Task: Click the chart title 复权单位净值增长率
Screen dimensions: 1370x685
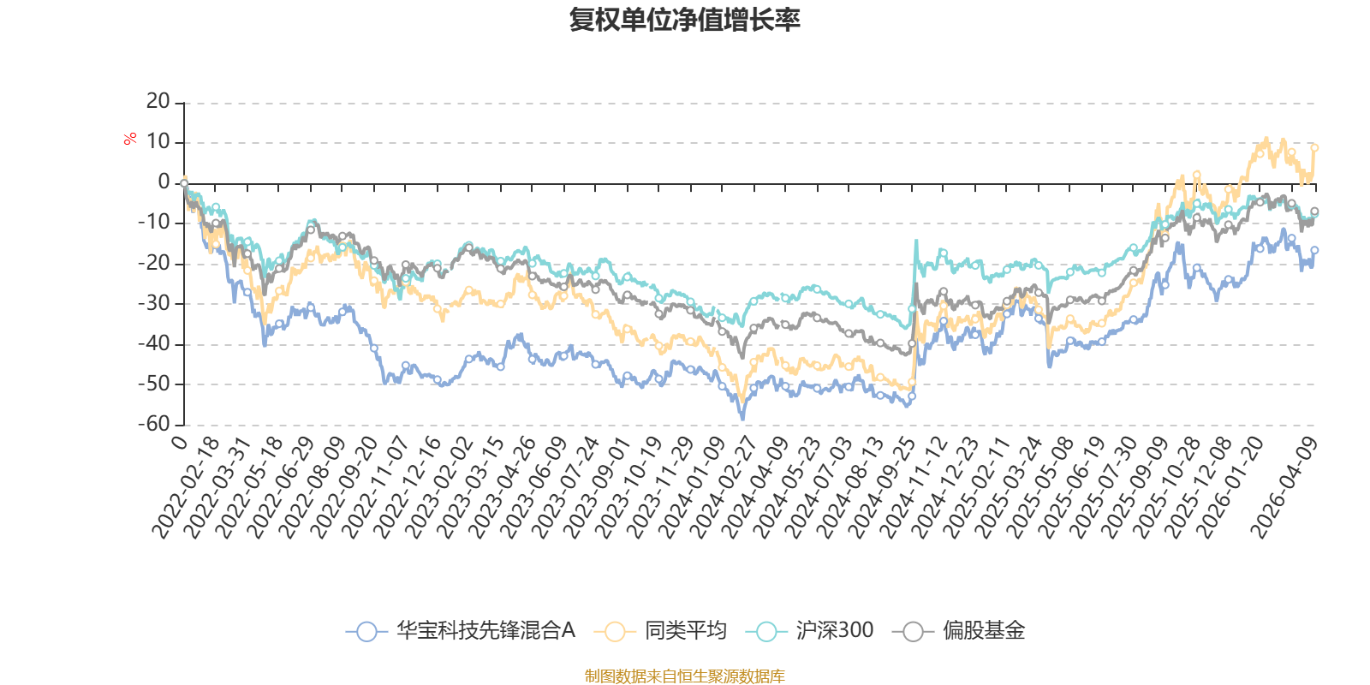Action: click(684, 20)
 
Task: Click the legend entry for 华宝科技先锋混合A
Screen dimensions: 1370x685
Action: click(461, 630)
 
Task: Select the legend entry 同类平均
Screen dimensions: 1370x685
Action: click(660, 630)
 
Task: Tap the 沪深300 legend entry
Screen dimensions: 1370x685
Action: click(810, 630)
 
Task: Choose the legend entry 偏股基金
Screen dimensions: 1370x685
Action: click(959, 630)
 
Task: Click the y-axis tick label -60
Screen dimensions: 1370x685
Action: click(154, 424)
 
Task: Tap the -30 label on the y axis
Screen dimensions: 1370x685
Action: click(154, 303)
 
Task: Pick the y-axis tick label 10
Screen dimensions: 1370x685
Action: click(158, 141)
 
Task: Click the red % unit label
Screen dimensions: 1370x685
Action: click(129, 139)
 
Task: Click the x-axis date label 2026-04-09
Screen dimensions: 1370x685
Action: click(1284, 487)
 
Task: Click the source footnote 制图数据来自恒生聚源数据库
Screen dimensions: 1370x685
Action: click(684, 676)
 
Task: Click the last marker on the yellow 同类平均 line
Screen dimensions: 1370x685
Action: click(1314, 148)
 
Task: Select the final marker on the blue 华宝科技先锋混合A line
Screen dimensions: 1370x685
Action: click(1314, 250)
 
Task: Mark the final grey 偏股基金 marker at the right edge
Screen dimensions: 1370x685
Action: click(1314, 211)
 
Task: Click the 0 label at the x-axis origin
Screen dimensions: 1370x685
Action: click(179, 442)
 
